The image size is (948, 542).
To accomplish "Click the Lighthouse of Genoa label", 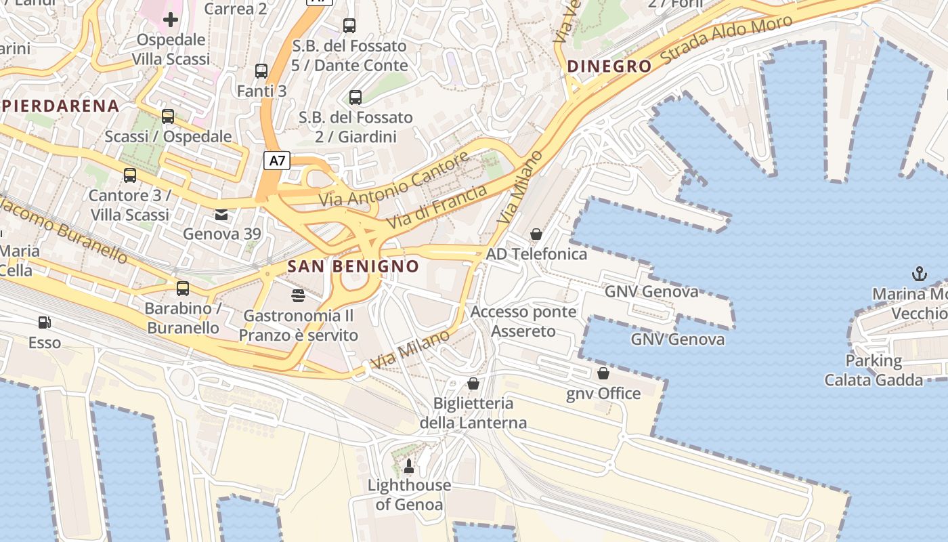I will (409, 495).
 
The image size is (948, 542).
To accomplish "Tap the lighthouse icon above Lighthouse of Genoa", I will (408, 465).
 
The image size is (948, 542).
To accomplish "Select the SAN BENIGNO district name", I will (353, 266).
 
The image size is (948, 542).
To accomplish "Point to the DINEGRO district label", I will (609, 66).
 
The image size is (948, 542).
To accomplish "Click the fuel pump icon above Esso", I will (45, 322).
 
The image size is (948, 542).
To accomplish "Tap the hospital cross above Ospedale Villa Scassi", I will (171, 19).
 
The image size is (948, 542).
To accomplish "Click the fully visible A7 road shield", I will (278, 161).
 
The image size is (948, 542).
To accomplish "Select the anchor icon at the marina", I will (919, 274).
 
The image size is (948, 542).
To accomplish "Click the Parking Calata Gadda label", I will (873, 371).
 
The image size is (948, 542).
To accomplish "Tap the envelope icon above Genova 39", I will (221, 215).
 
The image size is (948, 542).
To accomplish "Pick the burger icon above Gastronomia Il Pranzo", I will (298, 295).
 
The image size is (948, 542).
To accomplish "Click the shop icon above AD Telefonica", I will (536, 234).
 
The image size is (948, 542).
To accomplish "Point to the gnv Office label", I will (603, 394).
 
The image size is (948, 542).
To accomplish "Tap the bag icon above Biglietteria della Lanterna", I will (473, 383).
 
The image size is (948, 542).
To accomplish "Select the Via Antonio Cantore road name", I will (394, 180).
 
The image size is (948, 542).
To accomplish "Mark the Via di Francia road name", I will (437, 207).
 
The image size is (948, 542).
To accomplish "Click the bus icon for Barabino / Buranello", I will (183, 289).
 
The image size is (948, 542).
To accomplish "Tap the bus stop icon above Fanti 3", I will (261, 71).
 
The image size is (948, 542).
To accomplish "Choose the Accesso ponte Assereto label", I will (523, 322).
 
